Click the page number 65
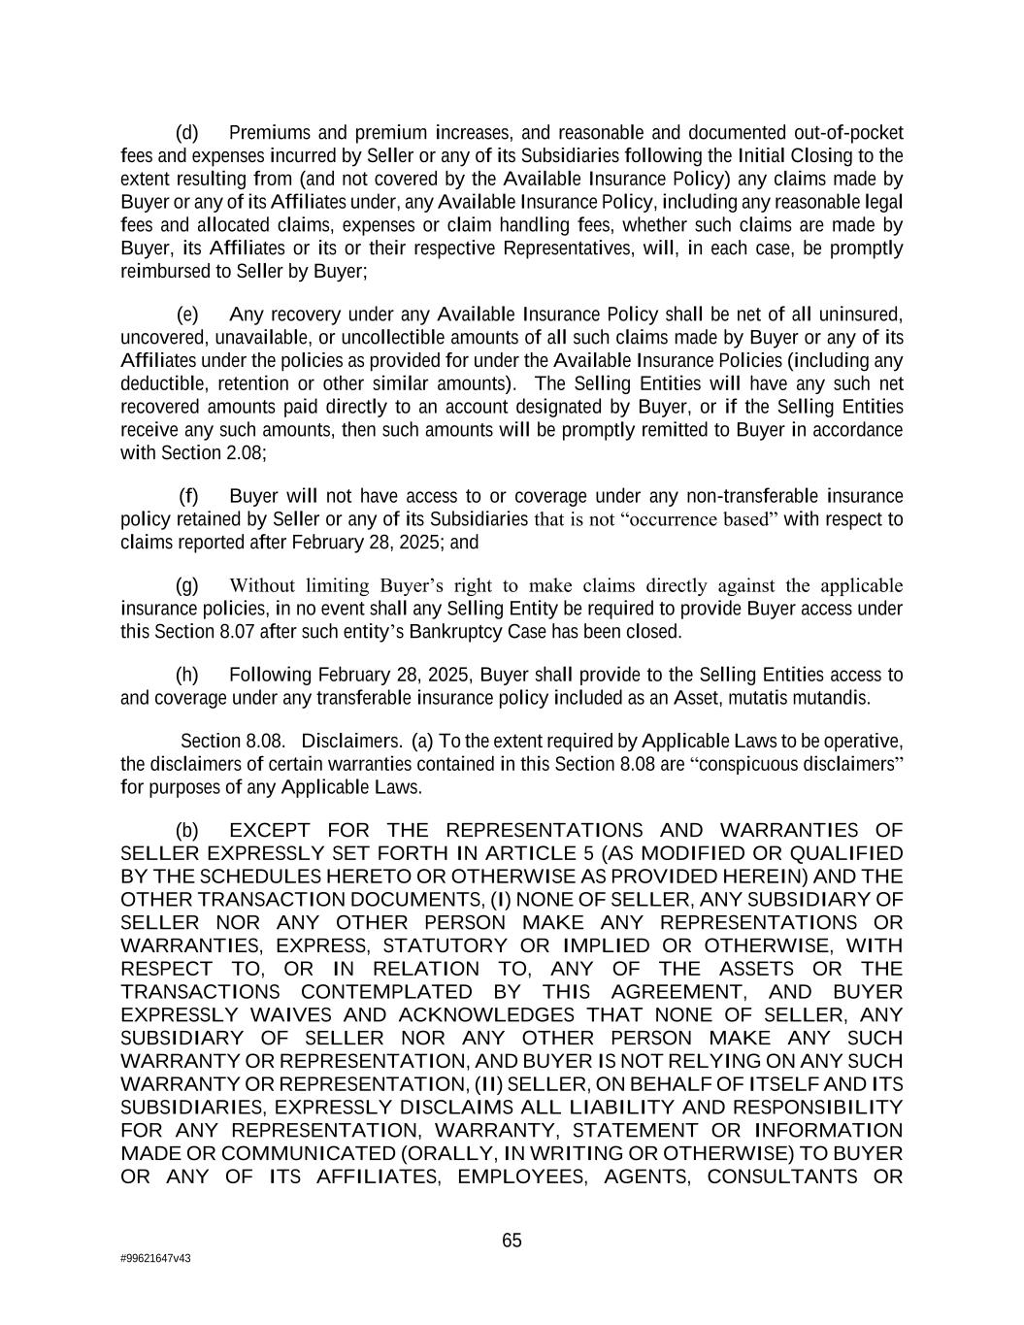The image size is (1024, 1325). pyautogui.click(x=512, y=1241)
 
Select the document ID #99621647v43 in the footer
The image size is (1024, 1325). pyautogui.click(x=155, y=1258)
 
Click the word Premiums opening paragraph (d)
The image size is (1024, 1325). pyautogui.click(x=270, y=133)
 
